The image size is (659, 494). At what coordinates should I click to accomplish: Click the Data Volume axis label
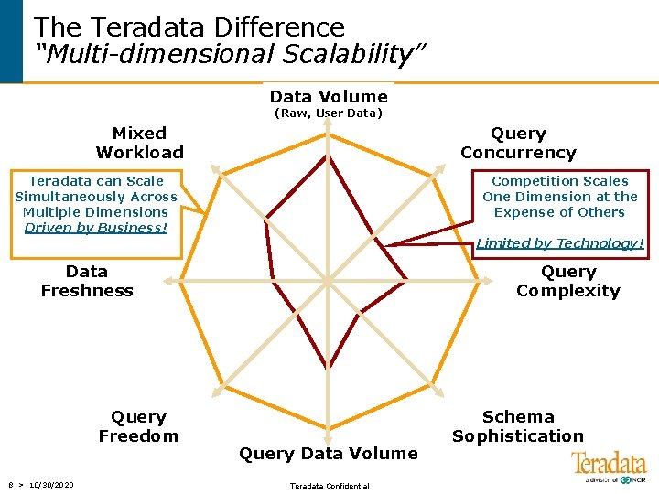[x=329, y=97]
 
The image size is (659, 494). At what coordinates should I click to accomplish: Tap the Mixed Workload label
[x=139, y=143]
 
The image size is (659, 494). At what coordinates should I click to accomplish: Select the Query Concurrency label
[x=518, y=143]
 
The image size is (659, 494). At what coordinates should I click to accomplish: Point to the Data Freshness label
[x=87, y=281]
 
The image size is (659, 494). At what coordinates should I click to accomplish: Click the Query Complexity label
[x=567, y=281]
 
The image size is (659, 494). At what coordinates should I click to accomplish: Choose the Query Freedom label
[x=138, y=426]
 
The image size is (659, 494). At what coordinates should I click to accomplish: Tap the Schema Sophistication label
[x=517, y=426]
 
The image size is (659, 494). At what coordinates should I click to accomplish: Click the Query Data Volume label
[x=328, y=453]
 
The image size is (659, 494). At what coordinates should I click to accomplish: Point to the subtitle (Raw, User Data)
[x=329, y=113]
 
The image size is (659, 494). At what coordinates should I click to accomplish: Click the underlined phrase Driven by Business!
[x=96, y=228]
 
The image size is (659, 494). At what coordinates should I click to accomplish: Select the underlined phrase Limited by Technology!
[x=560, y=243]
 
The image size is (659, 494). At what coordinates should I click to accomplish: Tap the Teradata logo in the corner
[x=608, y=466]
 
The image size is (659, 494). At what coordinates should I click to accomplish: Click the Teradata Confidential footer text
[x=329, y=486]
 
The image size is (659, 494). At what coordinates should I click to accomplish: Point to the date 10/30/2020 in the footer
[x=51, y=485]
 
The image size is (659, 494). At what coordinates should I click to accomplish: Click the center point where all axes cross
[x=329, y=278]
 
